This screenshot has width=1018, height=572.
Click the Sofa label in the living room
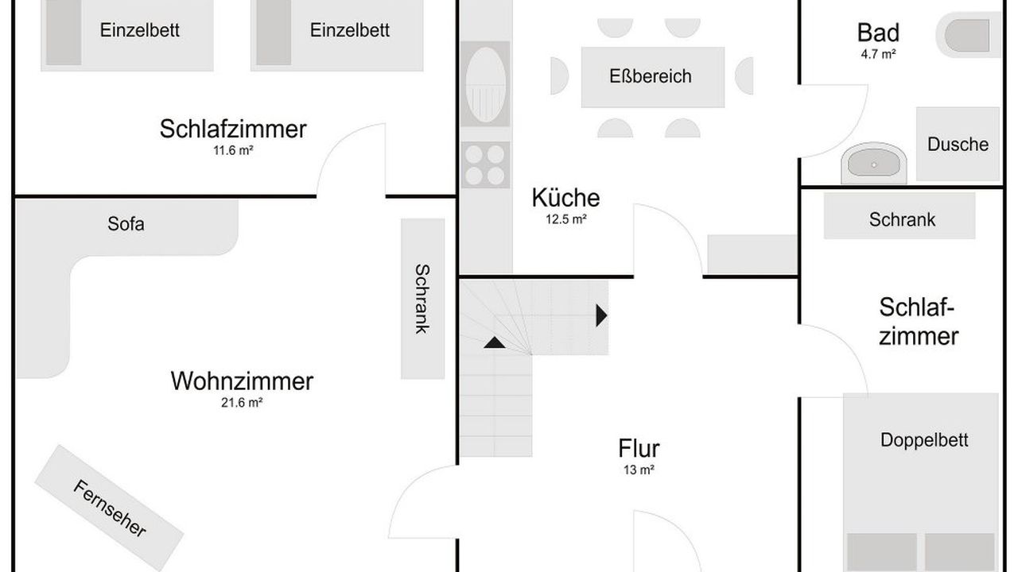coord(126,224)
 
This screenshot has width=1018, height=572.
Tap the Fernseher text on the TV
coord(110,508)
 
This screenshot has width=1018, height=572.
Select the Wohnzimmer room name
coord(242,381)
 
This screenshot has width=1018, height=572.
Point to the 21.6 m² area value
coord(242,403)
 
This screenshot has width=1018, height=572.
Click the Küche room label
coord(565,198)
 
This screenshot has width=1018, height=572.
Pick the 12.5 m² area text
coord(565,220)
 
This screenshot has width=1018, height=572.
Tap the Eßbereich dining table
coord(653,77)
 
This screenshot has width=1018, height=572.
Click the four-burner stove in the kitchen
coord(485,164)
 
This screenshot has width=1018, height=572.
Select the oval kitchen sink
coord(485,84)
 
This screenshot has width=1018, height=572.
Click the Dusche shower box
coord(958,144)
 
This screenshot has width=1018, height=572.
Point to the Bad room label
coord(878,33)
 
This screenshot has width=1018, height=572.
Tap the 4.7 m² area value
coord(878,55)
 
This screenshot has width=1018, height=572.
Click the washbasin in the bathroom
coord(873,164)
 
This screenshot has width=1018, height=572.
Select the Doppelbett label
coord(924,440)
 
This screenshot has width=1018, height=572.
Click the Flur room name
coord(639,449)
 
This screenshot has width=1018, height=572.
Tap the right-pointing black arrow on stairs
coord(601,315)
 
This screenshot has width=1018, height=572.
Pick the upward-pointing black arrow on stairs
coord(494,342)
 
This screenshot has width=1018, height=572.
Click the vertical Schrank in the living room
coord(422,299)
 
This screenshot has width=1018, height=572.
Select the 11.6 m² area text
coord(233,150)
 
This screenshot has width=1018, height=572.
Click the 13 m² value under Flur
coord(639,470)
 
